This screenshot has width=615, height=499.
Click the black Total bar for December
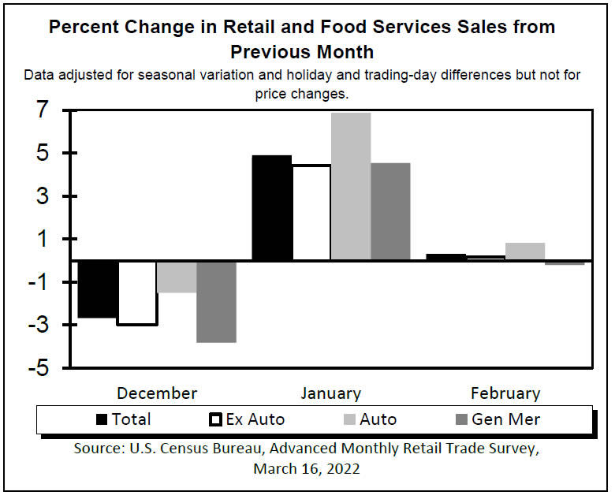[98, 289]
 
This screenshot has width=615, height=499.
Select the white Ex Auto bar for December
[137, 292]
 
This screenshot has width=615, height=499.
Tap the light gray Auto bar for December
[177, 277]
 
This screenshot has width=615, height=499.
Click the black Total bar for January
[271, 208]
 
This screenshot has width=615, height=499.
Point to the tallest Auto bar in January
[350, 187]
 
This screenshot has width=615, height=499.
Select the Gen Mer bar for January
[390, 211]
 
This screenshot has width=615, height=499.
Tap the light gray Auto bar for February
[525, 251]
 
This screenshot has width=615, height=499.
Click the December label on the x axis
[157, 393]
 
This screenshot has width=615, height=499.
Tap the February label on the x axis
[505, 393]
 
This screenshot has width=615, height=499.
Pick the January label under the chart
[331, 393]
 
